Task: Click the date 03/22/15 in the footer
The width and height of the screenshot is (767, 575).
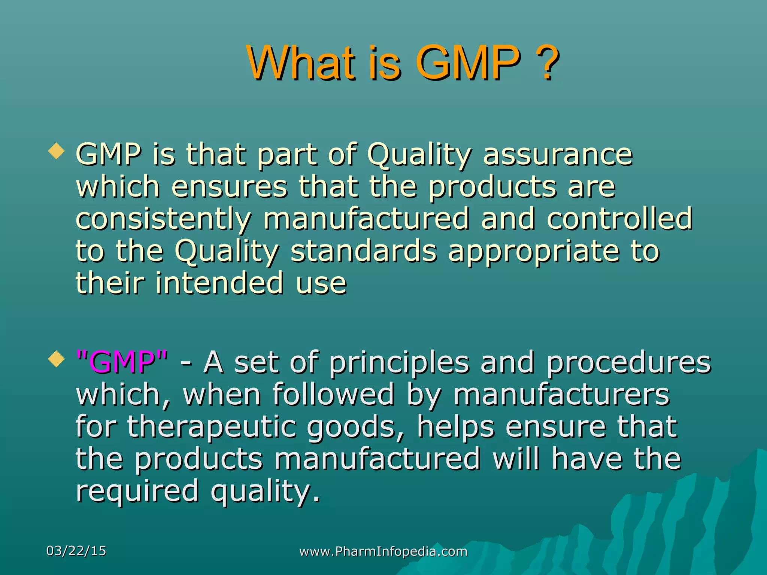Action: pyautogui.click(x=76, y=551)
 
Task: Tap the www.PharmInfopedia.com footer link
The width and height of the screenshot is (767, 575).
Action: pyautogui.click(x=383, y=551)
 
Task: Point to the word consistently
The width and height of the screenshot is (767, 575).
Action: pyautogui.click(x=163, y=219)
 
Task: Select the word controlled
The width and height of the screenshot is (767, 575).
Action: pyautogui.click(x=619, y=219)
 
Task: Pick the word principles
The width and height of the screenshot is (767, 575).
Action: pyautogui.click(x=399, y=363)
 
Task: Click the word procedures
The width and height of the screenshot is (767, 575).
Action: pyautogui.click(x=628, y=363)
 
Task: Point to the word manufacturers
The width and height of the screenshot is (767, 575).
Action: pyautogui.click(x=561, y=394)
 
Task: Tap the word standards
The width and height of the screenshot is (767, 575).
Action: pyautogui.click(x=363, y=251)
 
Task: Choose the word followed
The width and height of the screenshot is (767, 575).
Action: pyautogui.click(x=333, y=394)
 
